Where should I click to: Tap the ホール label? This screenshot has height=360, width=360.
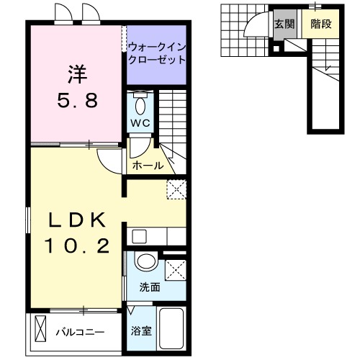(147, 166)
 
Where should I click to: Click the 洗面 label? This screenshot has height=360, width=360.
(150, 286)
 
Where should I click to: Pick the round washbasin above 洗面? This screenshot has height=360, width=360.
(146, 262)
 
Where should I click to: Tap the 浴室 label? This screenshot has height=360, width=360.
(140, 332)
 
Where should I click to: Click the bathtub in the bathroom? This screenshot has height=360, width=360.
(172, 328)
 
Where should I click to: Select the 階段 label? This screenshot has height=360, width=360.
(320, 24)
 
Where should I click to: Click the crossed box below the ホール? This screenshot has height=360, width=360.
(176, 189)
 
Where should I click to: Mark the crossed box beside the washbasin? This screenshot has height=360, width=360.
(175, 269)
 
